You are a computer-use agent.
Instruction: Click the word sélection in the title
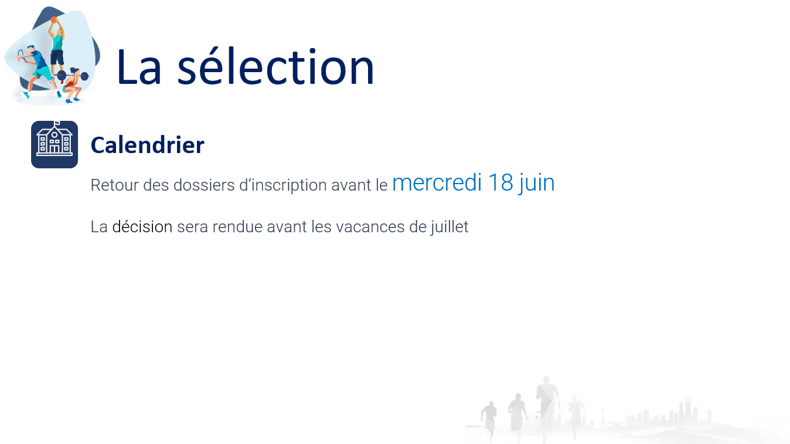pos(275,67)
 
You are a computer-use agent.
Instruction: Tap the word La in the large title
pos(139,67)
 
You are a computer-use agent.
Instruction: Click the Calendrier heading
pos(148,145)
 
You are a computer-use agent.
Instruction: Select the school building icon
pos(55,144)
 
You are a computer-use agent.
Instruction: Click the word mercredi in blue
pos(437,183)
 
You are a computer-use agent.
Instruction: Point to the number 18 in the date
pos(500,183)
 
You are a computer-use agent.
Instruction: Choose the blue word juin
pos(536,184)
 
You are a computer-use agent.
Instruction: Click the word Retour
pos(114,185)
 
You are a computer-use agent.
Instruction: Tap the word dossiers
pos(204,185)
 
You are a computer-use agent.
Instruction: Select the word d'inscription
pos(283,186)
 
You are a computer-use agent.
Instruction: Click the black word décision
pos(142,226)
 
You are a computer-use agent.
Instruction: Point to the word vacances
pos(370,227)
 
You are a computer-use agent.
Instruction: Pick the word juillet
pos(450,227)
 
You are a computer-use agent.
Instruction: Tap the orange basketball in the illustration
pos(53,19)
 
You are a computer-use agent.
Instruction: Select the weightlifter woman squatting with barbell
pos(72,84)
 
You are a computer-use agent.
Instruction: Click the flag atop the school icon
pos(57,123)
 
